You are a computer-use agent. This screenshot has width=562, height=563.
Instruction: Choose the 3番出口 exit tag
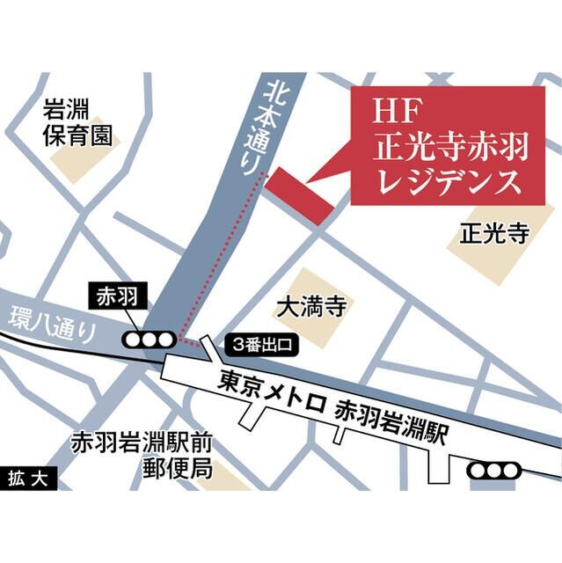click(262, 345)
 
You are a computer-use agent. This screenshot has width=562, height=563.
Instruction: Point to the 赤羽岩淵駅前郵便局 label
click(143, 453)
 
